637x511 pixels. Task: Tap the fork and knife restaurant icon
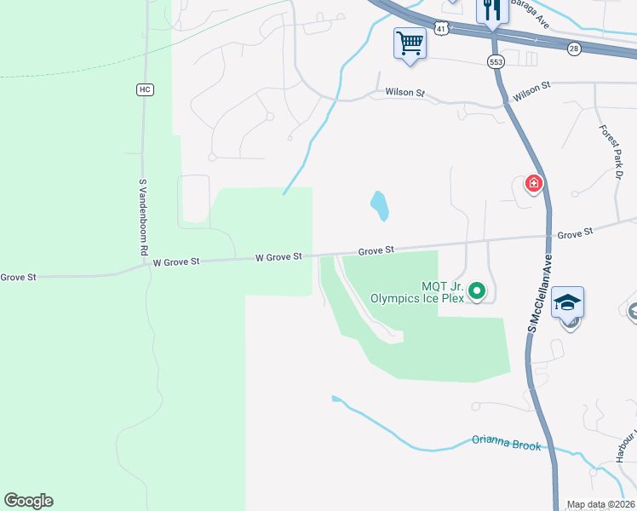(x=492, y=10)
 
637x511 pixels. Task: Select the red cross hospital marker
(x=534, y=184)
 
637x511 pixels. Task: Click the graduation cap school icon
(x=568, y=302)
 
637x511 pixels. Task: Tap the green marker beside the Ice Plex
(x=478, y=292)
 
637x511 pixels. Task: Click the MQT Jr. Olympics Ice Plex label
(x=417, y=292)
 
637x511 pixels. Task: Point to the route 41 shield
(x=439, y=29)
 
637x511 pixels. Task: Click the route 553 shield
(x=496, y=61)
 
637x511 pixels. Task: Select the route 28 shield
(x=574, y=49)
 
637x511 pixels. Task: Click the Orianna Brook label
(x=506, y=441)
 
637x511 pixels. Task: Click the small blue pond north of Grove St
(x=380, y=204)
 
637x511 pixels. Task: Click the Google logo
(x=28, y=501)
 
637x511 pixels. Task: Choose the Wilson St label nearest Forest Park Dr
(x=532, y=87)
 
